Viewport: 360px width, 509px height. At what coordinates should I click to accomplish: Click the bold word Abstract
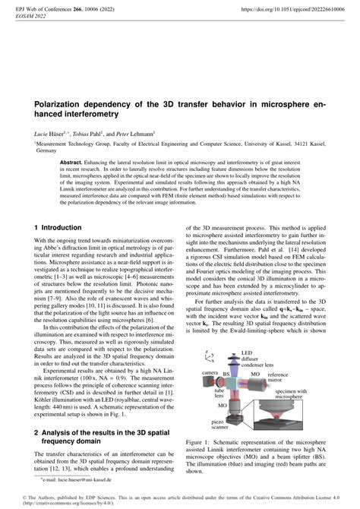click(76, 163)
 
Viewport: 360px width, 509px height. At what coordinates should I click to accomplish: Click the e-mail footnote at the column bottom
click(76, 479)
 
